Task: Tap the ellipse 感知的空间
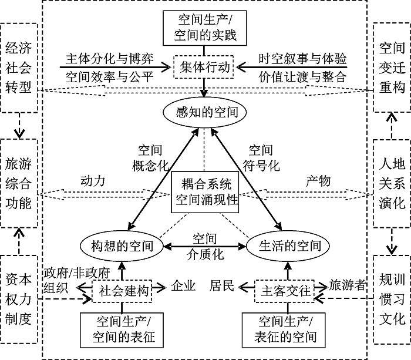click(204, 110)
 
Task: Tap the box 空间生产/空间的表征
click(123, 329)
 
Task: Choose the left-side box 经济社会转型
click(19, 67)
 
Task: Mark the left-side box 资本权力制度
click(19, 299)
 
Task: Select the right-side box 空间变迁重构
click(392, 67)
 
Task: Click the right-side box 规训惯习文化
click(392, 299)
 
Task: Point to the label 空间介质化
click(204, 246)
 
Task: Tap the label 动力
click(92, 181)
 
